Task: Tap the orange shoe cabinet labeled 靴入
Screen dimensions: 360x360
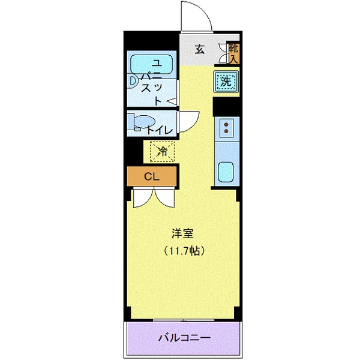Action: coord(234,53)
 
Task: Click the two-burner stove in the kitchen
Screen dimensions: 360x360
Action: coord(227,127)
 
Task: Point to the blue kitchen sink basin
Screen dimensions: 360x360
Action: coord(226,173)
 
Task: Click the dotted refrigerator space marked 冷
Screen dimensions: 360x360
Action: coord(160,151)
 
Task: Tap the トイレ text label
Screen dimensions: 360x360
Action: coord(160,129)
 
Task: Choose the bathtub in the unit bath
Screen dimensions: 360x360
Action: coord(152,64)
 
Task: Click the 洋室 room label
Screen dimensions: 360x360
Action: coord(184,233)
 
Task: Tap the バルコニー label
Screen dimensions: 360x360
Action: coord(184,338)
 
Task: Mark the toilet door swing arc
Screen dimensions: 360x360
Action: coord(187,119)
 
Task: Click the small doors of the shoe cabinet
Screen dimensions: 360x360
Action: coord(224,53)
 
